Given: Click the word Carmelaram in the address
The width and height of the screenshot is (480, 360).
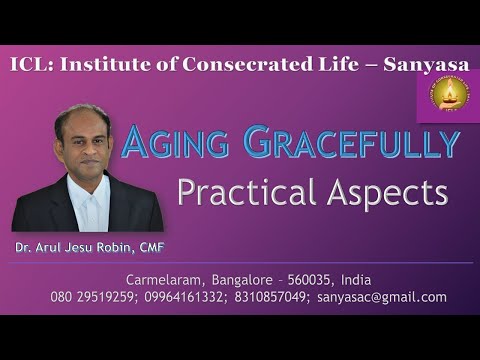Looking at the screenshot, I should click(162, 278).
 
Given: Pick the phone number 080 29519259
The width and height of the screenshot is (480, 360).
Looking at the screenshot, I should click(90, 297).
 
